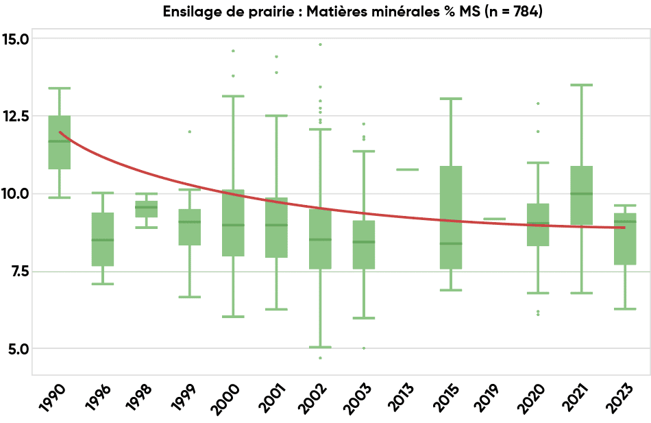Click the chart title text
352,12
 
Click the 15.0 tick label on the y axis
15,39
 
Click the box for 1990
60,142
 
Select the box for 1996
103,239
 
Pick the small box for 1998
146,209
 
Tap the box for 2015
451,217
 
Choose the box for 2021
581,195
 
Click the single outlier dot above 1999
190,132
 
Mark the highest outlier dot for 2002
320,45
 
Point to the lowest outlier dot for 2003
364,348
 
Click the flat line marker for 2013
407,169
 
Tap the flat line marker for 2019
494,219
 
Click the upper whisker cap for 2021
581,85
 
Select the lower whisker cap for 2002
320,347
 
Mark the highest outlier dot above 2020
538,104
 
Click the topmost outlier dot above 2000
233,51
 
